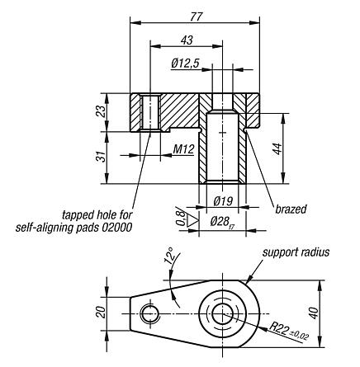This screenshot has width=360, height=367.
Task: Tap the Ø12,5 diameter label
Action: pyautogui.click(x=187, y=63)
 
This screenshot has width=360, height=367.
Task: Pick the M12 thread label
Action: pyautogui.click(x=183, y=149)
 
